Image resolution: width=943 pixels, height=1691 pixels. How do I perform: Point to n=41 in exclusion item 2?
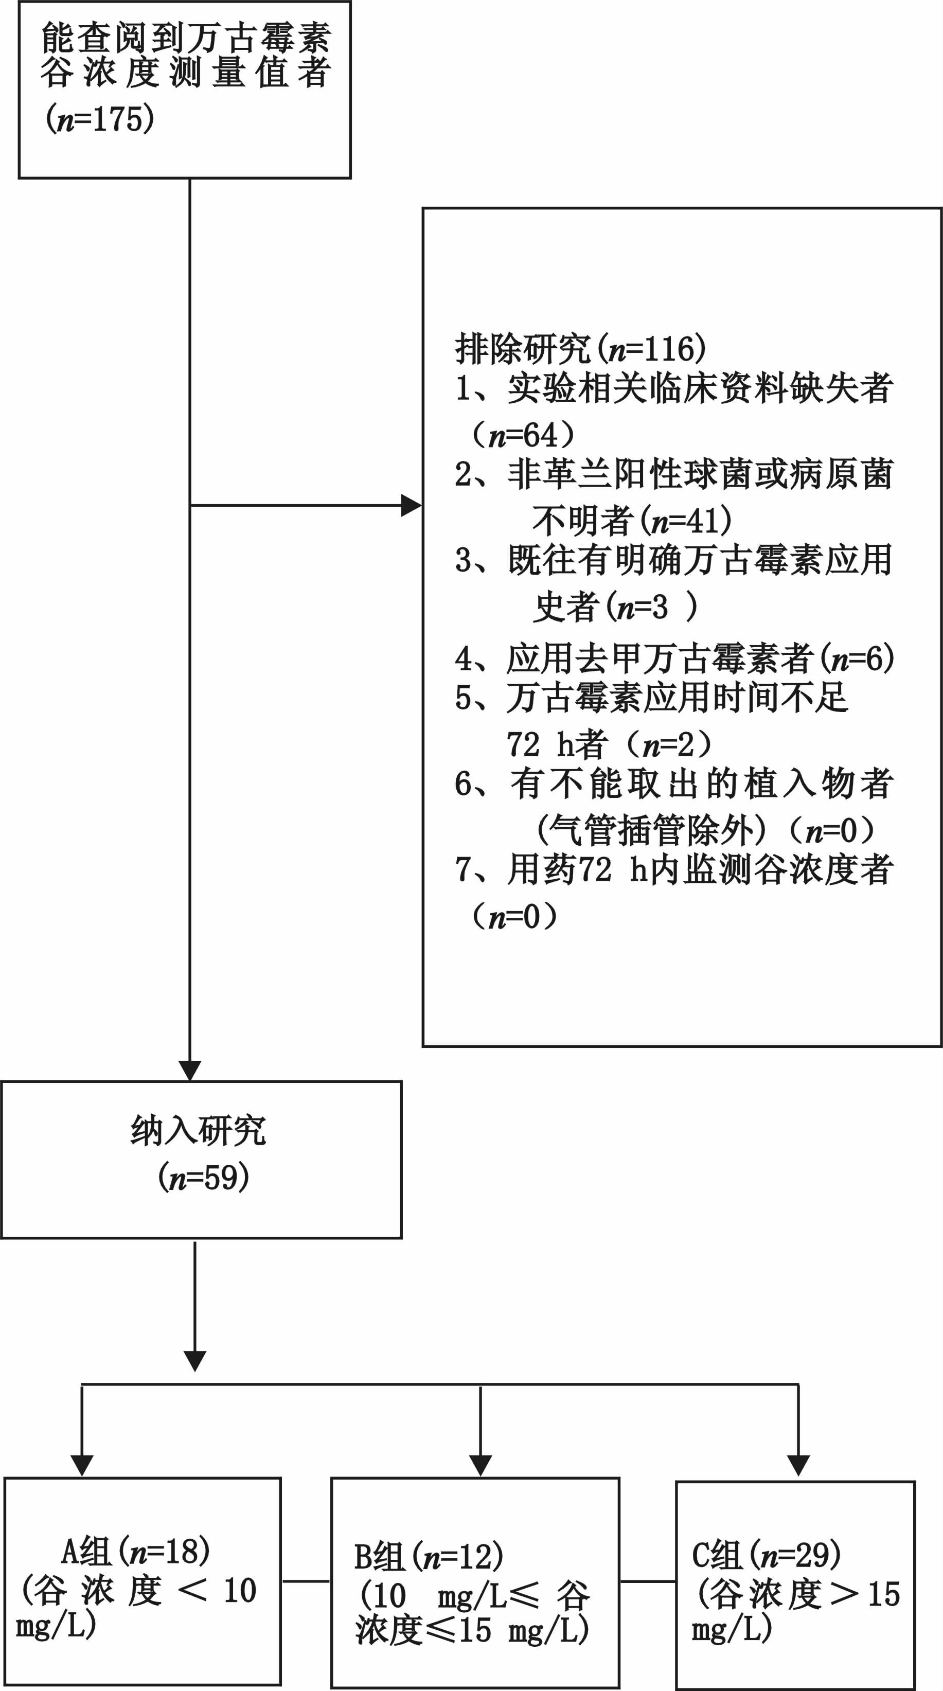tap(686, 521)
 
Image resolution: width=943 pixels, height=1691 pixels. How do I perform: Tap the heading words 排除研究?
tap(523, 349)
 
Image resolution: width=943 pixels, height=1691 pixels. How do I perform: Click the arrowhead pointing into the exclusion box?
tap(411, 506)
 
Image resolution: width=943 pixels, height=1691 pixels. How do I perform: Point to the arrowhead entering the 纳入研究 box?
tap(190, 1070)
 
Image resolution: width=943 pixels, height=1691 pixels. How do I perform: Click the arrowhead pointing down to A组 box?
tap(82, 1465)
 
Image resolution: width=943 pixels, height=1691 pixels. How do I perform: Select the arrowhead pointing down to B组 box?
tap(481, 1465)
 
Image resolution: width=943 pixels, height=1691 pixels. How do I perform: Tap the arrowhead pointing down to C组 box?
tap(798, 1465)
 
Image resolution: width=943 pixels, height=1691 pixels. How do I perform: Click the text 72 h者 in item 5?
tap(555, 744)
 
